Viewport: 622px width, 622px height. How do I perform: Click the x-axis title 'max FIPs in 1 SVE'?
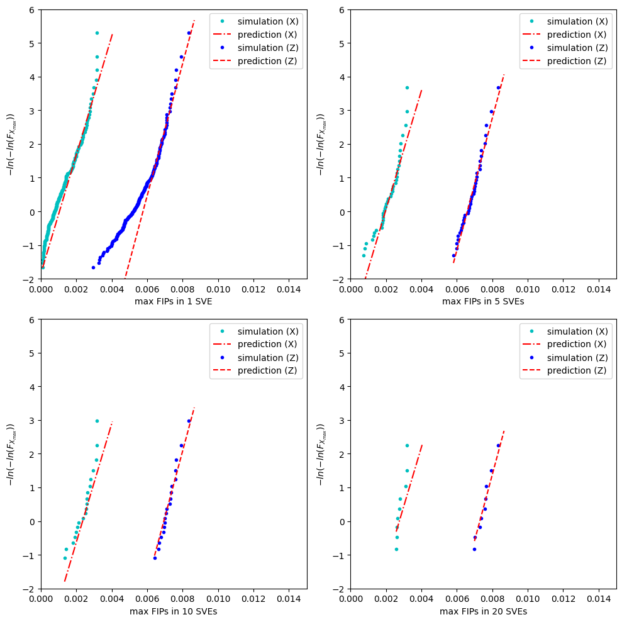coord(174,301)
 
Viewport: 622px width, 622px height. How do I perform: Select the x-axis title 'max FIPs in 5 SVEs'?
coord(483,301)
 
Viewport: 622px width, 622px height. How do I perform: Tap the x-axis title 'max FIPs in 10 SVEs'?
coord(174,611)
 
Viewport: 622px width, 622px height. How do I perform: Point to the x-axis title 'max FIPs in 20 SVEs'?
coord(483,611)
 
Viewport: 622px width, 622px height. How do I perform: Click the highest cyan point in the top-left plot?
coord(97,33)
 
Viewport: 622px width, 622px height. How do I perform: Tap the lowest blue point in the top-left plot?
coord(93,267)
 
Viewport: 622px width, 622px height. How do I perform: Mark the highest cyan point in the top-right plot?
coord(407,88)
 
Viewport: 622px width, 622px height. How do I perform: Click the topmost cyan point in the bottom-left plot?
coord(97,421)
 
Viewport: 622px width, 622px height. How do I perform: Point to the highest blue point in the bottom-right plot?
coord(498,445)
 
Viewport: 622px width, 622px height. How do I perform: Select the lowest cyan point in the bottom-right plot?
coord(396,549)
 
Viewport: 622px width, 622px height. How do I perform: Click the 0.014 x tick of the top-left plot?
coord(289,289)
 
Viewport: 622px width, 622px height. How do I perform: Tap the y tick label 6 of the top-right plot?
coord(342,9)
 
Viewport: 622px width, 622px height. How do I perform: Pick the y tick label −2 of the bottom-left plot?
coord(30,589)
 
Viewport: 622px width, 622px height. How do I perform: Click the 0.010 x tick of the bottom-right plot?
coord(528,599)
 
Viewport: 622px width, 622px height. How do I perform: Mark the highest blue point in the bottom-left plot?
coord(189,421)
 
